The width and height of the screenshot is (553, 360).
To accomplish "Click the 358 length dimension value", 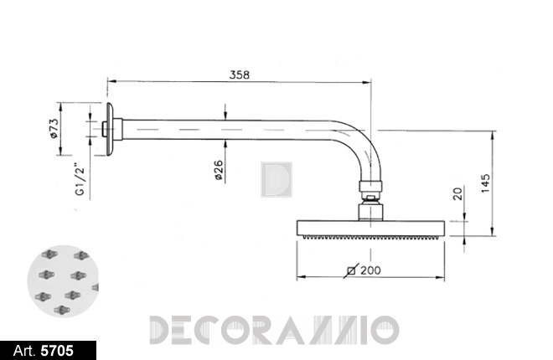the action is tap(240, 75).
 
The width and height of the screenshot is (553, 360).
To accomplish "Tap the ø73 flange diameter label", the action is tap(54, 128).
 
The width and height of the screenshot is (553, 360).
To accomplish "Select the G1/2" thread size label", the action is tap(80, 179).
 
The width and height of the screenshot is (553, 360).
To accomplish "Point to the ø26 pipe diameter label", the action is tap(219, 171).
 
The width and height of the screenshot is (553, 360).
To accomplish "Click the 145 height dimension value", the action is tap(486, 183).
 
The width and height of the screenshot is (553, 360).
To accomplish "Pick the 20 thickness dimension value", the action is tap(457, 193).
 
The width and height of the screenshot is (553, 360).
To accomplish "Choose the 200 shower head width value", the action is tap(370, 270).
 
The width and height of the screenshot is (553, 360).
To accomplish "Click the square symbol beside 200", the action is tap(351, 270).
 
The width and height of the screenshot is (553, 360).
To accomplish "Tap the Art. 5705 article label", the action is tap(44, 351).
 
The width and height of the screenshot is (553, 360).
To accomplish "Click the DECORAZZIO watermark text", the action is tap(274, 330).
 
